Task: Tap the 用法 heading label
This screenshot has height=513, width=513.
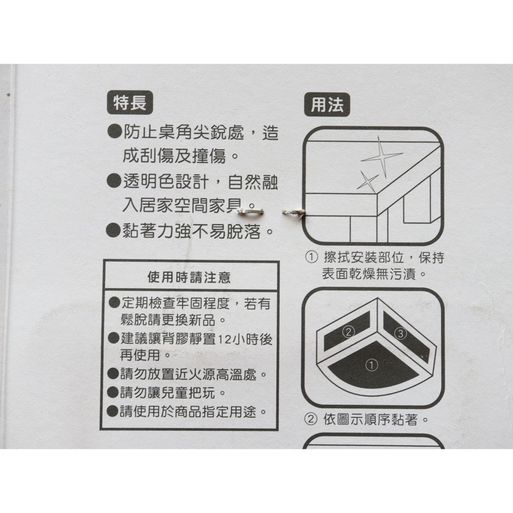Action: point(327,105)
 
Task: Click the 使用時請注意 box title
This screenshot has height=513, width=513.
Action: point(189,278)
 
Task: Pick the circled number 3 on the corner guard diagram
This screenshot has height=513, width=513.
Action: point(401,334)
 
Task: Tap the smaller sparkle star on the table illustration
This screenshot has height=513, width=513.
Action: point(367,180)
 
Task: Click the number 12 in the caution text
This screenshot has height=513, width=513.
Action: point(224,340)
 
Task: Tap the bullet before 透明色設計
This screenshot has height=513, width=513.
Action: point(113,182)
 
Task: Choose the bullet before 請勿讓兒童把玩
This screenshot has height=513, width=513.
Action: point(114,394)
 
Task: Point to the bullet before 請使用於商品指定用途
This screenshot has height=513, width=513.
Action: point(113,411)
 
